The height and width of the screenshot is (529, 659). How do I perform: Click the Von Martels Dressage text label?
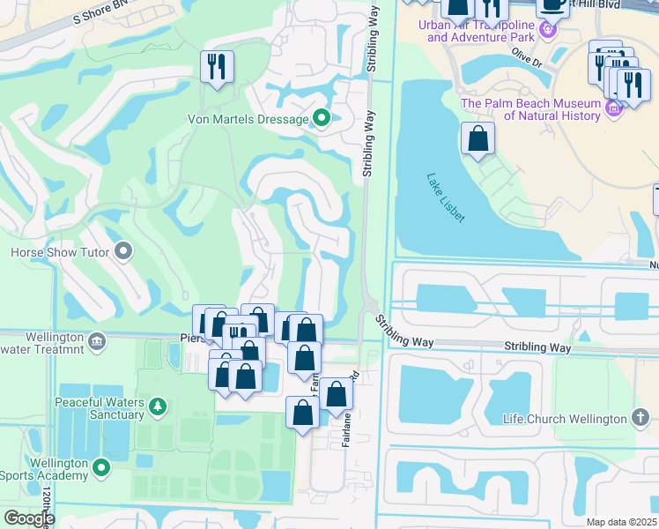point(248,119)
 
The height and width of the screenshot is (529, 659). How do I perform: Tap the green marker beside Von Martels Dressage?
point(322,118)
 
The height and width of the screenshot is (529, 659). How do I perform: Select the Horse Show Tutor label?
point(60,253)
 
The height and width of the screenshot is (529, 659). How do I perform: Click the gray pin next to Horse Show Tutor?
point(123,253)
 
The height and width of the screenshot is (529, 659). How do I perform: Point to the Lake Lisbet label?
point(445,196)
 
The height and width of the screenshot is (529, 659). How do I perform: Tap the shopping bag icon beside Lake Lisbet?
point(478,138)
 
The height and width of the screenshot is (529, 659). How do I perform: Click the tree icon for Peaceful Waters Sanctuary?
point(157,406)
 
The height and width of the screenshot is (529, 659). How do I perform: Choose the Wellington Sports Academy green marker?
point(102,466)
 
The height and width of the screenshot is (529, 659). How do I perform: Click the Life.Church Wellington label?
point(565,419)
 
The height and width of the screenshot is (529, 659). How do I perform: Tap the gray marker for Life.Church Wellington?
point(640,419)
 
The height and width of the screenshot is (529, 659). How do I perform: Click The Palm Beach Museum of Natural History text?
point(529,109)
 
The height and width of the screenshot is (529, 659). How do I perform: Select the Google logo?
point(29,518)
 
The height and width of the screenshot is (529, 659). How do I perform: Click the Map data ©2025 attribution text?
point(620,522)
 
